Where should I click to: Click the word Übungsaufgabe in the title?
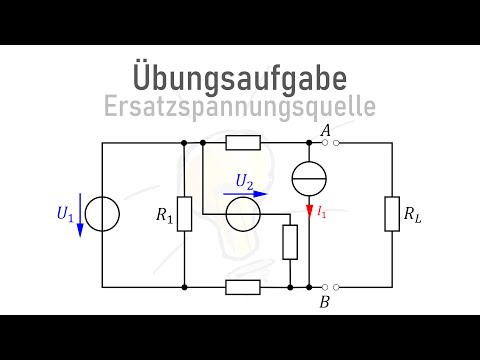coord(239,77)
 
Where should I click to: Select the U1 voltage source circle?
coord(103,214)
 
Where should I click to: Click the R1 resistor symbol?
coord(185,214)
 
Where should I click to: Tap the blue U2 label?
coord(243,181)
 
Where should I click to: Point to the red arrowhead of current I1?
coord(309,212)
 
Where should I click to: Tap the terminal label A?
coord(325,129)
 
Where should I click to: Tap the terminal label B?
coord(325,300)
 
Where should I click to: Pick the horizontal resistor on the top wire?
coord(243,143)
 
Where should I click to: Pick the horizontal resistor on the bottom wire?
coord(243,287)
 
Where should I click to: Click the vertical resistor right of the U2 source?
coord(289,241)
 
